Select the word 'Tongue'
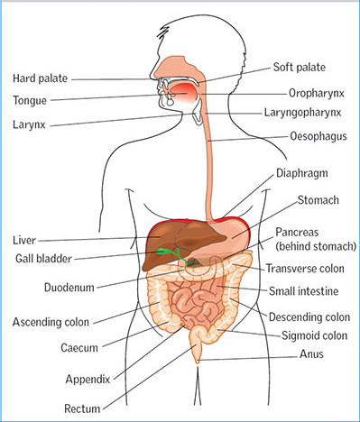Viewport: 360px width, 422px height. [x=32, y=99]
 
